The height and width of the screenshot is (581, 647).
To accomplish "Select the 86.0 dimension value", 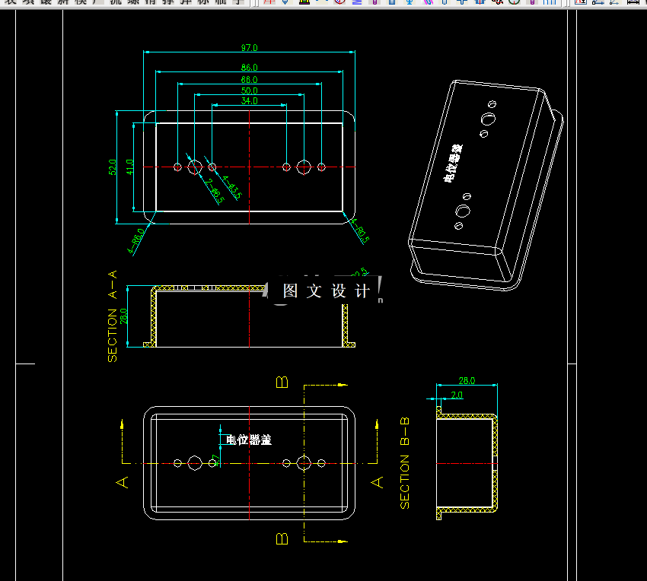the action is click(249, 68).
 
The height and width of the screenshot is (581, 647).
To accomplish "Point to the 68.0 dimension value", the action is click(249, 79).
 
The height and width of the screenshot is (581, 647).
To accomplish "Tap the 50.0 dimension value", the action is click(249, 90).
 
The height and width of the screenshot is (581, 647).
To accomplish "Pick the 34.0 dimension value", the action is click(249, 100).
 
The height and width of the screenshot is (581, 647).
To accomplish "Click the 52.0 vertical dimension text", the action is click(113, 167).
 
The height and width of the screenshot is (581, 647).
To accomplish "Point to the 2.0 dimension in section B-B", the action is click(457, 395).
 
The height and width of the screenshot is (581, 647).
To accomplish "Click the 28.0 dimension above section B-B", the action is click(467, 380).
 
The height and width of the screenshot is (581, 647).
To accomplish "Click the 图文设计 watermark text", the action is click(326, 290).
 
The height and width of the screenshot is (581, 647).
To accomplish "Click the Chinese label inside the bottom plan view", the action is click(249, 440).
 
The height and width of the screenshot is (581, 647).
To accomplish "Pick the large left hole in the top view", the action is click(195, 167).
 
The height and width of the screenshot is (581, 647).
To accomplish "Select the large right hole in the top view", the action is click(304, 167).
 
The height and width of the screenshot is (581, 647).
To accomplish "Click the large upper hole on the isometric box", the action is click(488, 119).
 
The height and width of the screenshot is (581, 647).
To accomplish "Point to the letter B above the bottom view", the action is click(282, 382).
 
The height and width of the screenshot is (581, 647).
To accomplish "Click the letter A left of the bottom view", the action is click(122, 481).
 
